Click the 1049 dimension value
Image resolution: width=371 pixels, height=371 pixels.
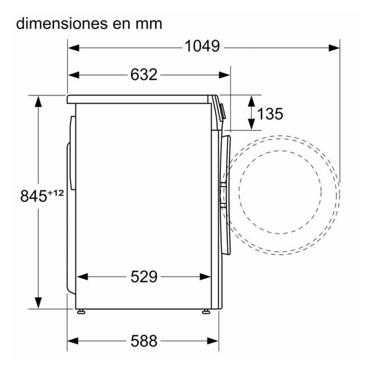point(202,46)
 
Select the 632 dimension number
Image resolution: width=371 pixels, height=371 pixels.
point(144,75)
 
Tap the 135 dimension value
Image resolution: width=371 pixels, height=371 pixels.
point(270,114)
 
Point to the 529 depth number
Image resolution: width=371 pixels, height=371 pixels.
point(144,276)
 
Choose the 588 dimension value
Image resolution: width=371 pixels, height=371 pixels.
point(144,341)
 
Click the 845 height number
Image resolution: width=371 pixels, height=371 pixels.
point(33,196)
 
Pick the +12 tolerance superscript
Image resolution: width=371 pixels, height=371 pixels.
point(56,193)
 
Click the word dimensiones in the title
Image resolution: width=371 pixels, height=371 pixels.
point(62,24)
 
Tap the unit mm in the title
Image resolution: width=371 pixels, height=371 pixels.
point(149,26)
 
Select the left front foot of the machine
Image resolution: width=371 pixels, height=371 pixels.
point(81,312)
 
